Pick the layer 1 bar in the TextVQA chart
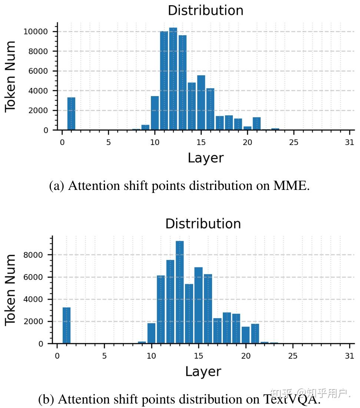click(66, 325)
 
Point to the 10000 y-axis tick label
click(36, 32)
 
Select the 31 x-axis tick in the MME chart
click(349, 142)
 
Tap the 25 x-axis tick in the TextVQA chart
click(293, 356)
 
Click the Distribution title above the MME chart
click(205, 10)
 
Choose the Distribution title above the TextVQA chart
click(203, 224)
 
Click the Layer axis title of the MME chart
click(205, 158)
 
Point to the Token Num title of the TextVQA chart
click(10, 290)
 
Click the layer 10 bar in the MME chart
click(155, 113)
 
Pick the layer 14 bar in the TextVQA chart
click(189, 314)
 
